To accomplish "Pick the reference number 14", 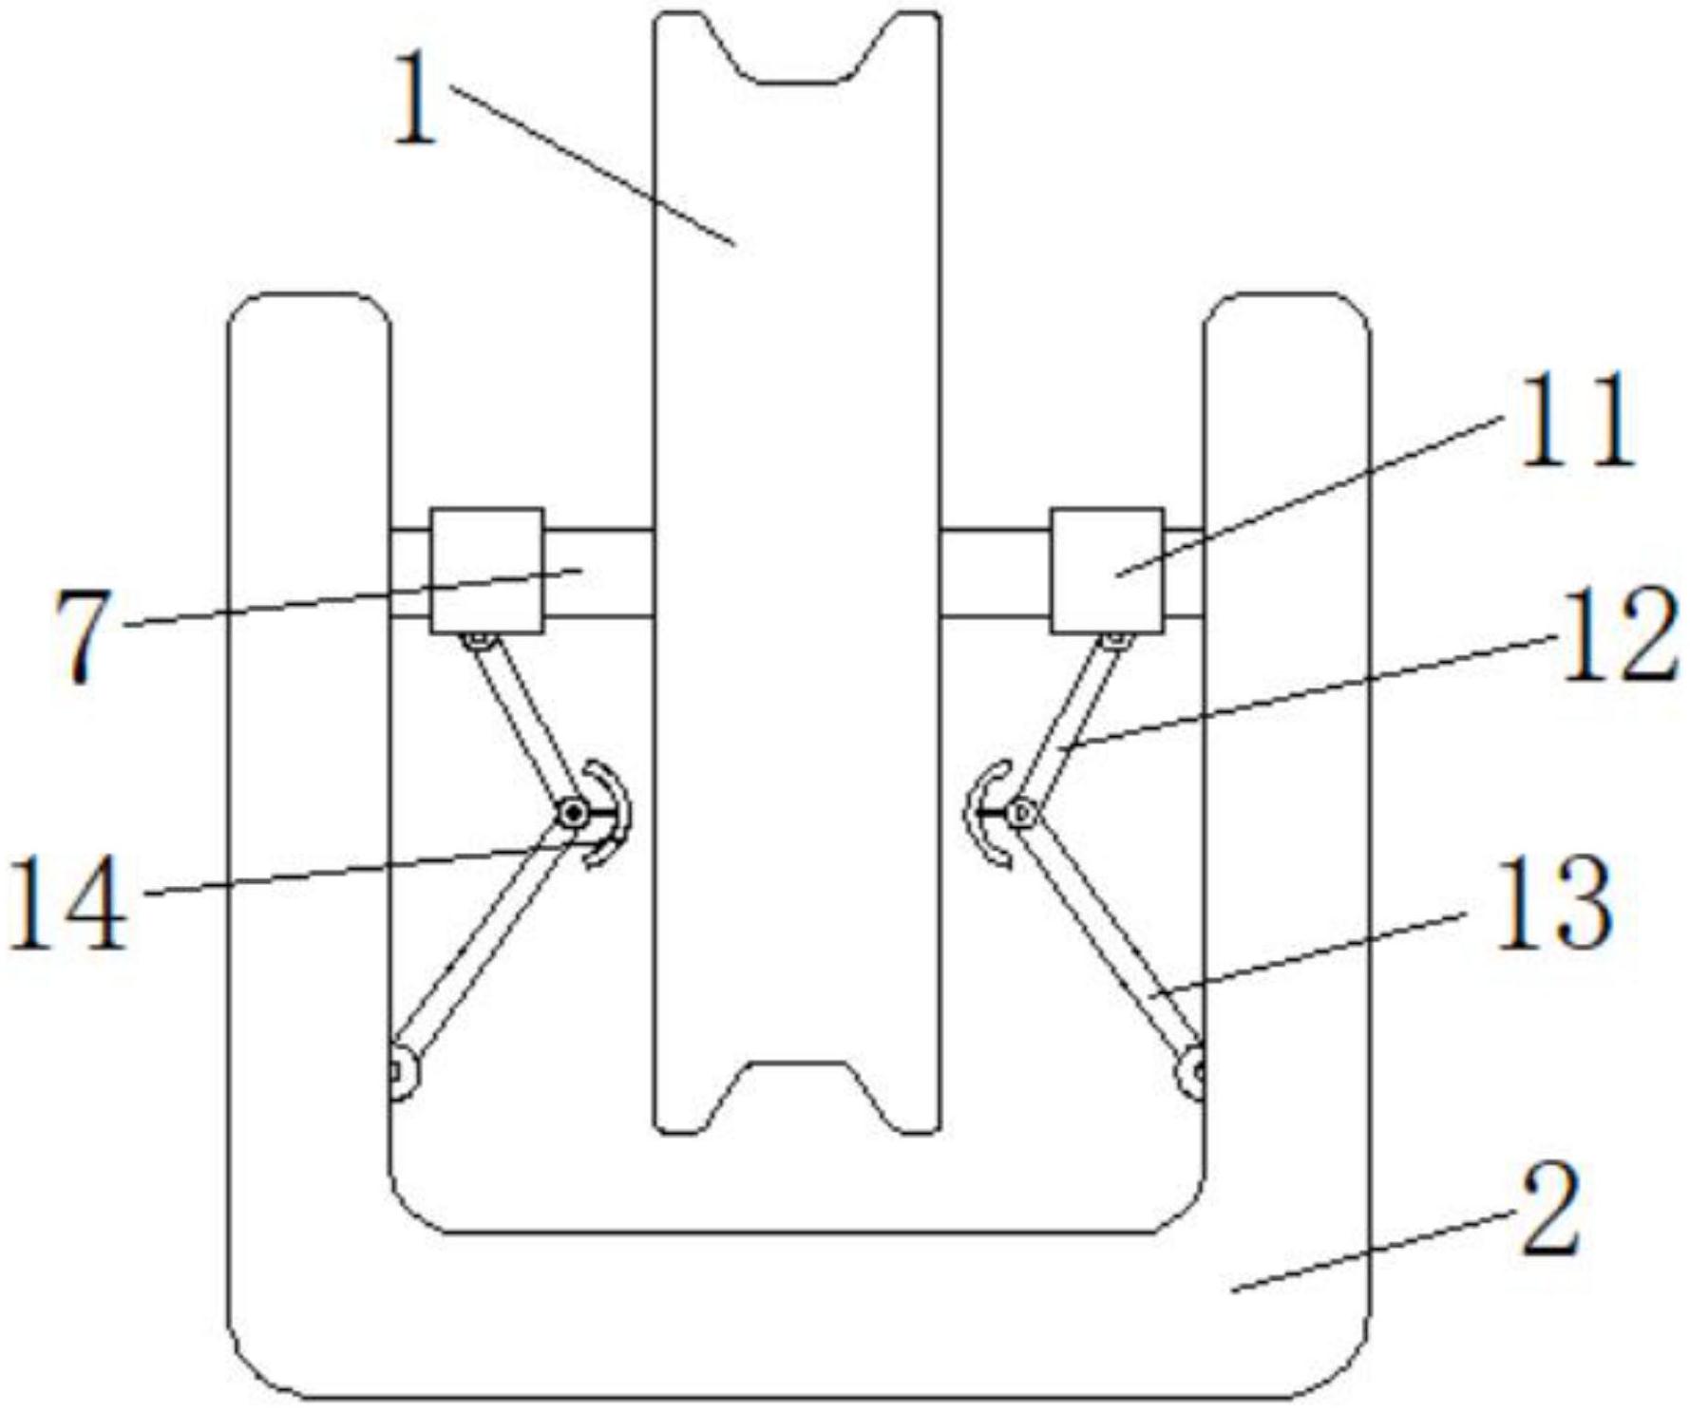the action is [x=68, y=901].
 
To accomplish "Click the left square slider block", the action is [x=486, y=570].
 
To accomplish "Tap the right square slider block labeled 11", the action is [x=1107, y=570].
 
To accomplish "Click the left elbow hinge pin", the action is [x=572, y=813].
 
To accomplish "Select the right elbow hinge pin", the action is [x=1022, y=813].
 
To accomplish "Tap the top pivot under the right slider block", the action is [x=1115, y=642].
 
